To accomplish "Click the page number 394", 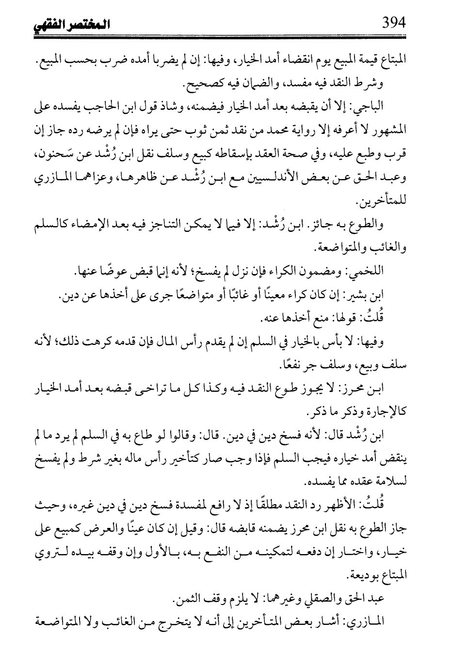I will coord(393,23).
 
